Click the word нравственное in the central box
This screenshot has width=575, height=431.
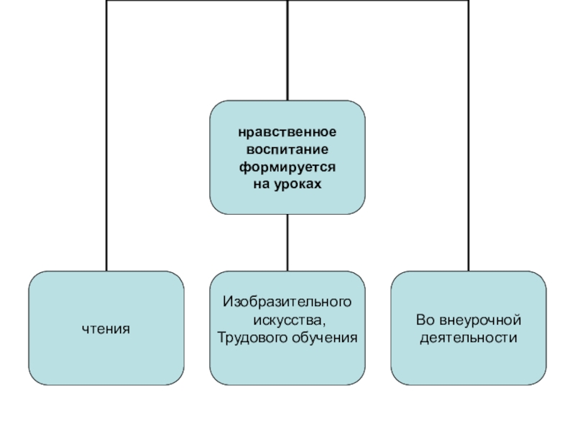pyautogui.click(x=287, y=134)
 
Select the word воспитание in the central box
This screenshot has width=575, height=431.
pyautogui.click(x=287, y=151)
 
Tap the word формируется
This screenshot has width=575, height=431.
pyautogui.click(x=287, y=167)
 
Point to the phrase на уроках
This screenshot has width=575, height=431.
pyautogui.click(x=287, y=184)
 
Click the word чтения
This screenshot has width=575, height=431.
pyautogui.click(x=106, y=328)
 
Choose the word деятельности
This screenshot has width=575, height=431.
pyautogui.click(x=468, y=337)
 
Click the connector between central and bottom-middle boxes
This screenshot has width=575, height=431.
pyautogui.click(x=287, y=242)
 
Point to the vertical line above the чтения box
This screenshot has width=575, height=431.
pyautogui.click(x=106, y=144)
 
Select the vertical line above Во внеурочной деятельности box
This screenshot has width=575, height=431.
pyautogui.click(x=468, y=144)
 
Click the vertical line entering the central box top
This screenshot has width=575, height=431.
pyautogui.click(x=287, y=50)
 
